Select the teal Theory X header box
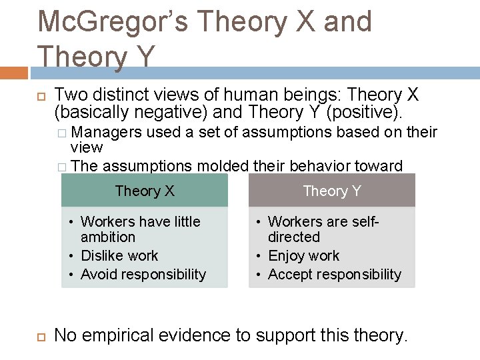tap(145, 191)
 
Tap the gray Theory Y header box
tap(332, 191)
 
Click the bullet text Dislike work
tap(119, 256)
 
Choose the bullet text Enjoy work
tap(303, 256)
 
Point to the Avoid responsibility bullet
tap(143, 275)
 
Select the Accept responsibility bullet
tap(335, 275)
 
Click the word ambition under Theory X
tap(108, 237)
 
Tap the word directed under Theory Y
tap(294, 237)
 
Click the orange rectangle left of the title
tap(13, 71)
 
